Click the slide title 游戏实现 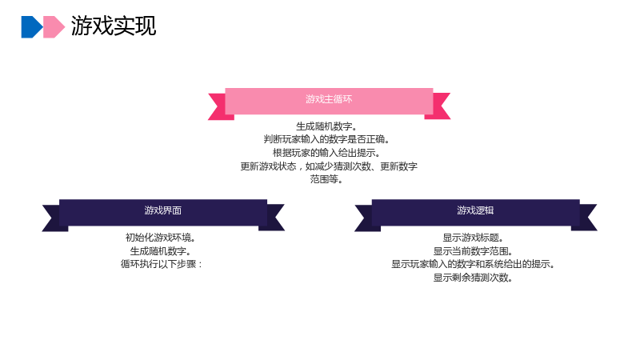[114, 26]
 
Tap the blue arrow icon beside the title [31, 27]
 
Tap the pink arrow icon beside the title [54, 27]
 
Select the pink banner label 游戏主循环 [329, 99]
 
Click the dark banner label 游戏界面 [163, 210]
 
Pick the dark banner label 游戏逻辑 [475, 210]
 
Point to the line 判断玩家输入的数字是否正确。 [326, 139]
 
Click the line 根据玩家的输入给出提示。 [326, 153]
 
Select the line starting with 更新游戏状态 [329, 166]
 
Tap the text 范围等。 [326, 179]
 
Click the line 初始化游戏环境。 [161, 238]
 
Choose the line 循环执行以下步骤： [162, 264]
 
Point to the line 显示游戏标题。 [473, 238]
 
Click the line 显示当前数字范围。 [473, 251]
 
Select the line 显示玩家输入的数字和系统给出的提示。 [473, 264]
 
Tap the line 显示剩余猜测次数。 [473, 278]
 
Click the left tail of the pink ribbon [219, 106]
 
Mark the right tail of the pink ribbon [438, 106]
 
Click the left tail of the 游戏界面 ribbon [53, 218]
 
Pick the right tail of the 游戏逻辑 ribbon [586, 218]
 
